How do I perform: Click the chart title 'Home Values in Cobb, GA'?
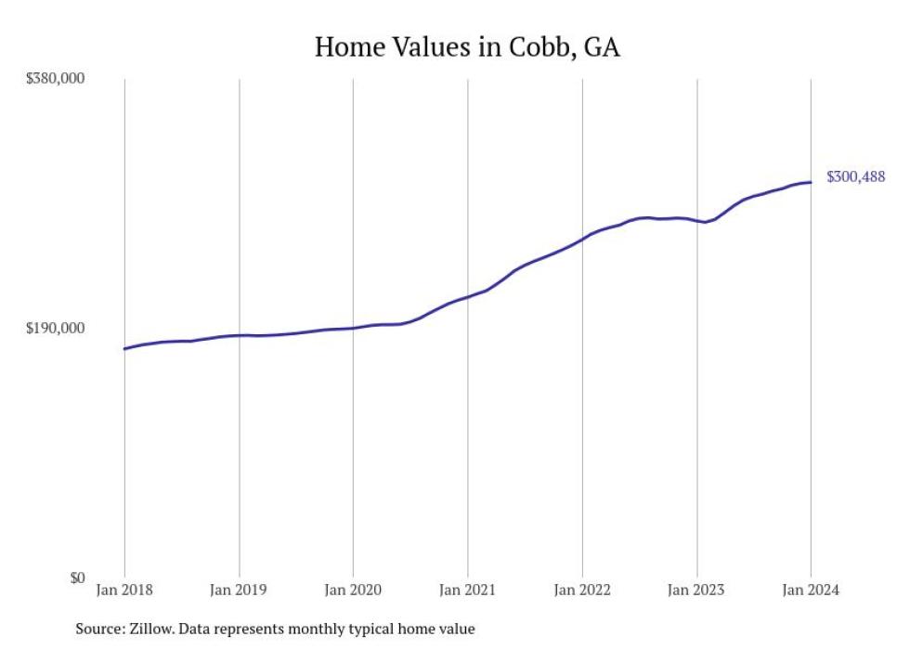coord(467,47)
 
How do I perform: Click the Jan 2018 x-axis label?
coord(124,590)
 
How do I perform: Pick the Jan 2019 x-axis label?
coord(239,590)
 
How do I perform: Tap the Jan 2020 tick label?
coord(353,590)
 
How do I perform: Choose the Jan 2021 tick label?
coord(467,590)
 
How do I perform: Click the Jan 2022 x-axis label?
coord(582,590)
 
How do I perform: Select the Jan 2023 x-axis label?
coord(696,590)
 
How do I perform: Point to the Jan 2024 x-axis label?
coord(811,590)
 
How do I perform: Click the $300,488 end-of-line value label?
coord(855,176)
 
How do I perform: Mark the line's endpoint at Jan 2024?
coord(811,182)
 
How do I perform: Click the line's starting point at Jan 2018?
coord(124,349)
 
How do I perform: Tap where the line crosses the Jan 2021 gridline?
coord(468,296)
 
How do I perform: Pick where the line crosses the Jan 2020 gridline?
coord(353,328)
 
